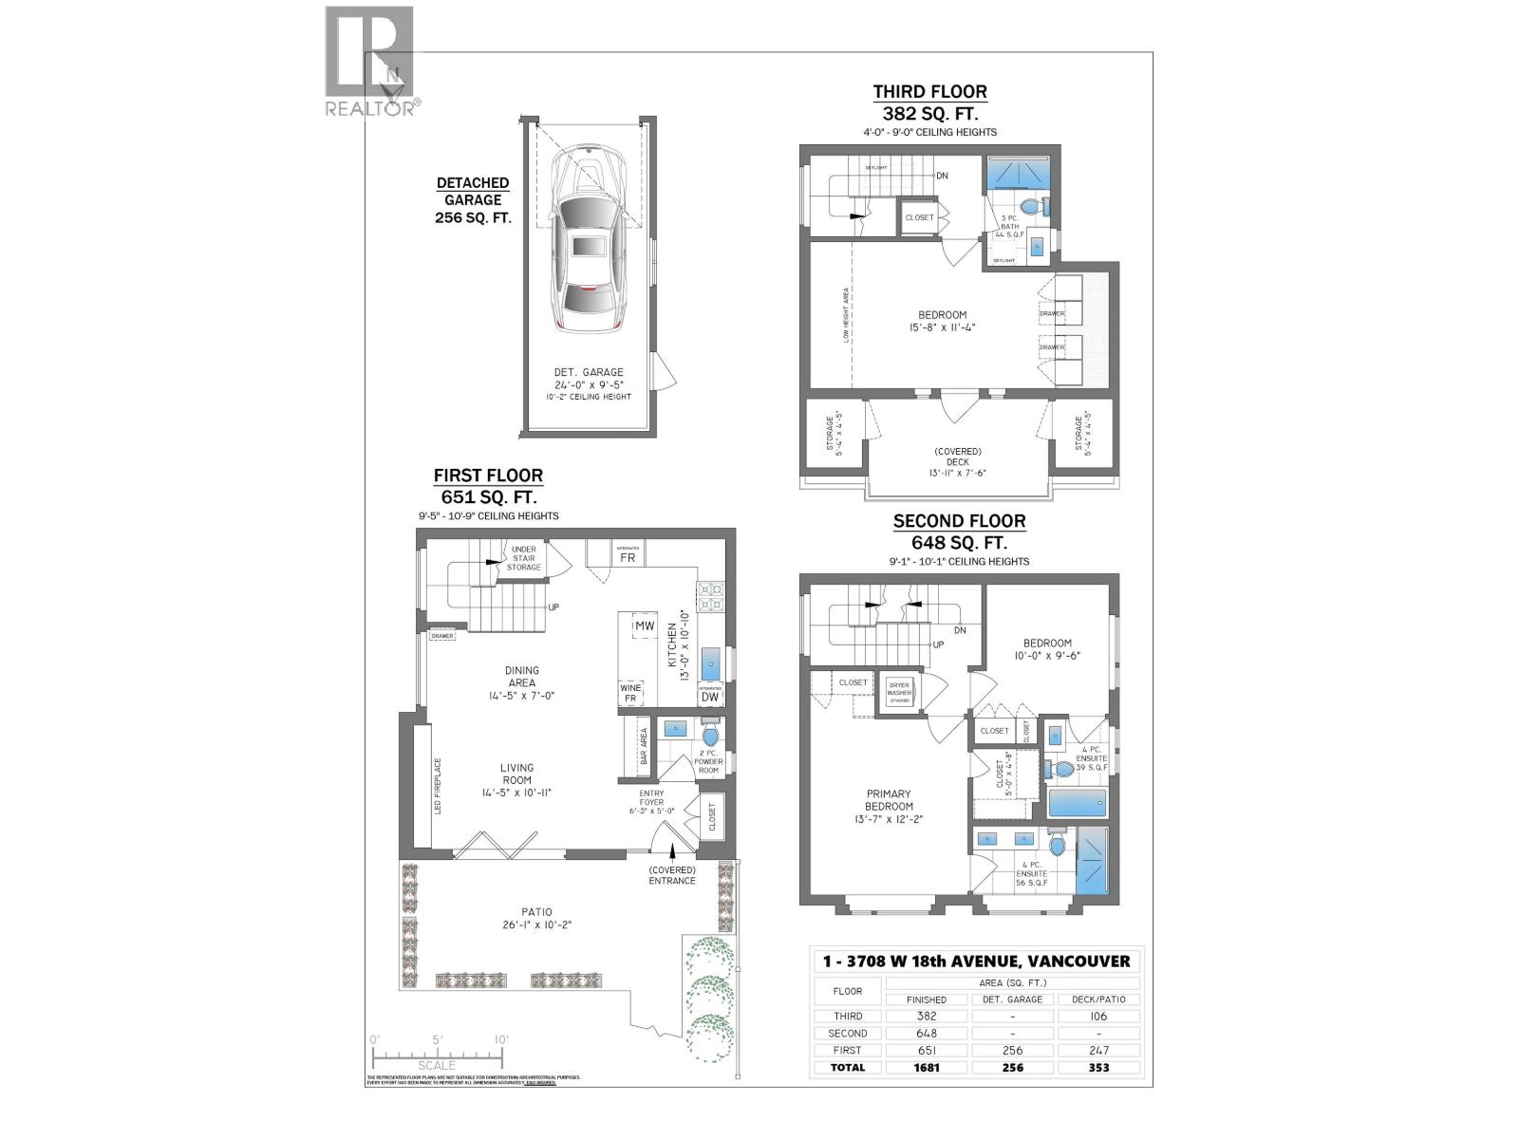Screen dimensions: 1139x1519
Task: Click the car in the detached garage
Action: click(x=589, y=242)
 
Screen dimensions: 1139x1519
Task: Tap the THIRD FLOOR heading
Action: click(x=929, y=92)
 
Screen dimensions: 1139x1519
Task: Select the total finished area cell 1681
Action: click(x=926, y=1067)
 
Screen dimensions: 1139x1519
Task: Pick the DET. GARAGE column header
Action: click(x=1012, y=999)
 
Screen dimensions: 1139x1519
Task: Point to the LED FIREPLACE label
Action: click(x=438, y=786)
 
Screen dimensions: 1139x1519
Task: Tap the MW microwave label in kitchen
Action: click(x=645, y=626)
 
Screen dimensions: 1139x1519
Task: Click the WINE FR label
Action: click(x=630, y=693)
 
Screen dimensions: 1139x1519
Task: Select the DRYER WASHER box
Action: click(x=898, y=690)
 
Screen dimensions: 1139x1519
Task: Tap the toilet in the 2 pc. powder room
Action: click(x=710, y=736)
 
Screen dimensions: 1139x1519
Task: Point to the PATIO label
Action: click(x=536, y=912)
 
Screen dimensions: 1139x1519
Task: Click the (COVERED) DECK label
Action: click(x=957, y=457)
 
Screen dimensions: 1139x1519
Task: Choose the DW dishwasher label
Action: click(x=710, y=697)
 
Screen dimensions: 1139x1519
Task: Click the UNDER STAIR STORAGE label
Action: click(x=523, y=558)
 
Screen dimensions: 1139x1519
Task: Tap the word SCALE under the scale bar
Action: click(x=437, y=1066)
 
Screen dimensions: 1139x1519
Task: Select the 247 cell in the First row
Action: click(x=1098, y=1050)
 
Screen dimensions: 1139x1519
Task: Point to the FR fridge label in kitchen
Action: click(x=628, y=558)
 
